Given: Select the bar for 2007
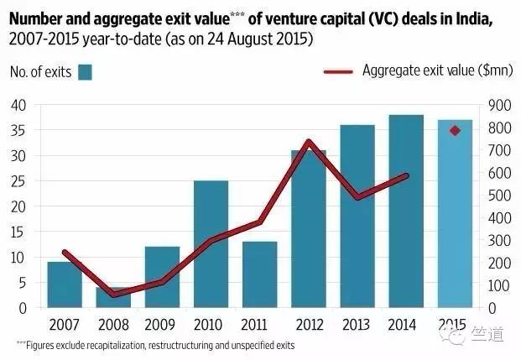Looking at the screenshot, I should [65, 285].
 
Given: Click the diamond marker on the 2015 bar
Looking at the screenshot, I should [456, 131].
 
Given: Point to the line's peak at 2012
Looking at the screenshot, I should [309, 142].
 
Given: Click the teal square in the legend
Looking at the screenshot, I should [84, 73].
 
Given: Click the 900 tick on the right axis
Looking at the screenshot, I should [490, 105].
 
